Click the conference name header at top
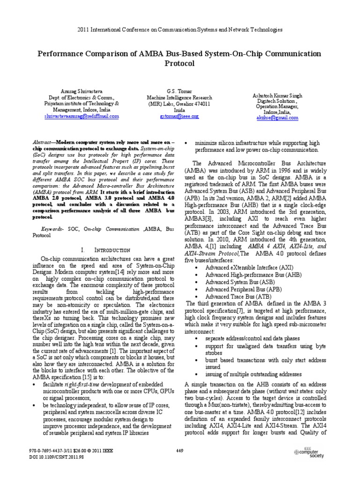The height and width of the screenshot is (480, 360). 180,30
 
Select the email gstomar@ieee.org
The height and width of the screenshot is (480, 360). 180,115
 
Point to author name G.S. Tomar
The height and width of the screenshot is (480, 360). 180,90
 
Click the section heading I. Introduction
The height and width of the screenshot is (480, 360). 103,250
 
